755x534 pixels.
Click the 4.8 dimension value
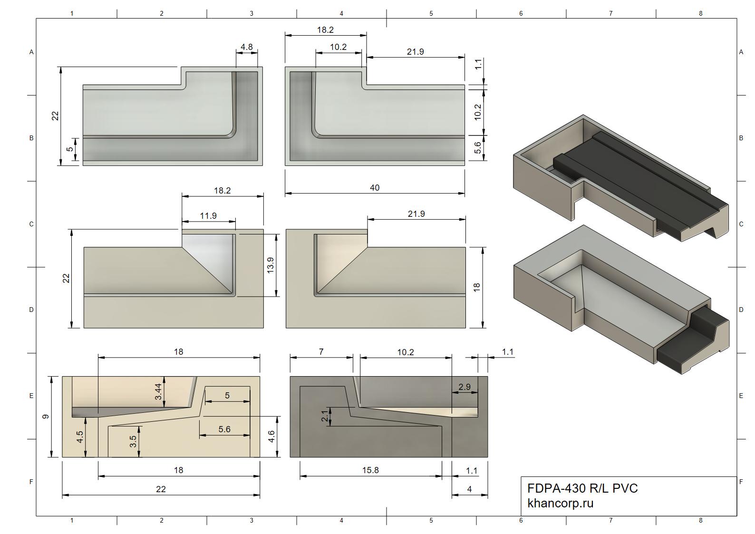[x=246, y=47]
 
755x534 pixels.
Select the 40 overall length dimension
[x=375, y=188]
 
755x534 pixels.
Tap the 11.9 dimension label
[x=208, y=216]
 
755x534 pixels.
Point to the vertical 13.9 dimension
[x=271, y=265]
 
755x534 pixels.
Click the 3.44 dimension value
[x=158, y=392]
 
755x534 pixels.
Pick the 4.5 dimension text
[x=80, y=437]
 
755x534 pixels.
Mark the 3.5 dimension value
[x=133, y=442]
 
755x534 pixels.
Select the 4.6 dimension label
[x=271, y=437]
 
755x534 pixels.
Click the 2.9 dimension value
[x=464, y=387]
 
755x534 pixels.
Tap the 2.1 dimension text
[x=324, y=416]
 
